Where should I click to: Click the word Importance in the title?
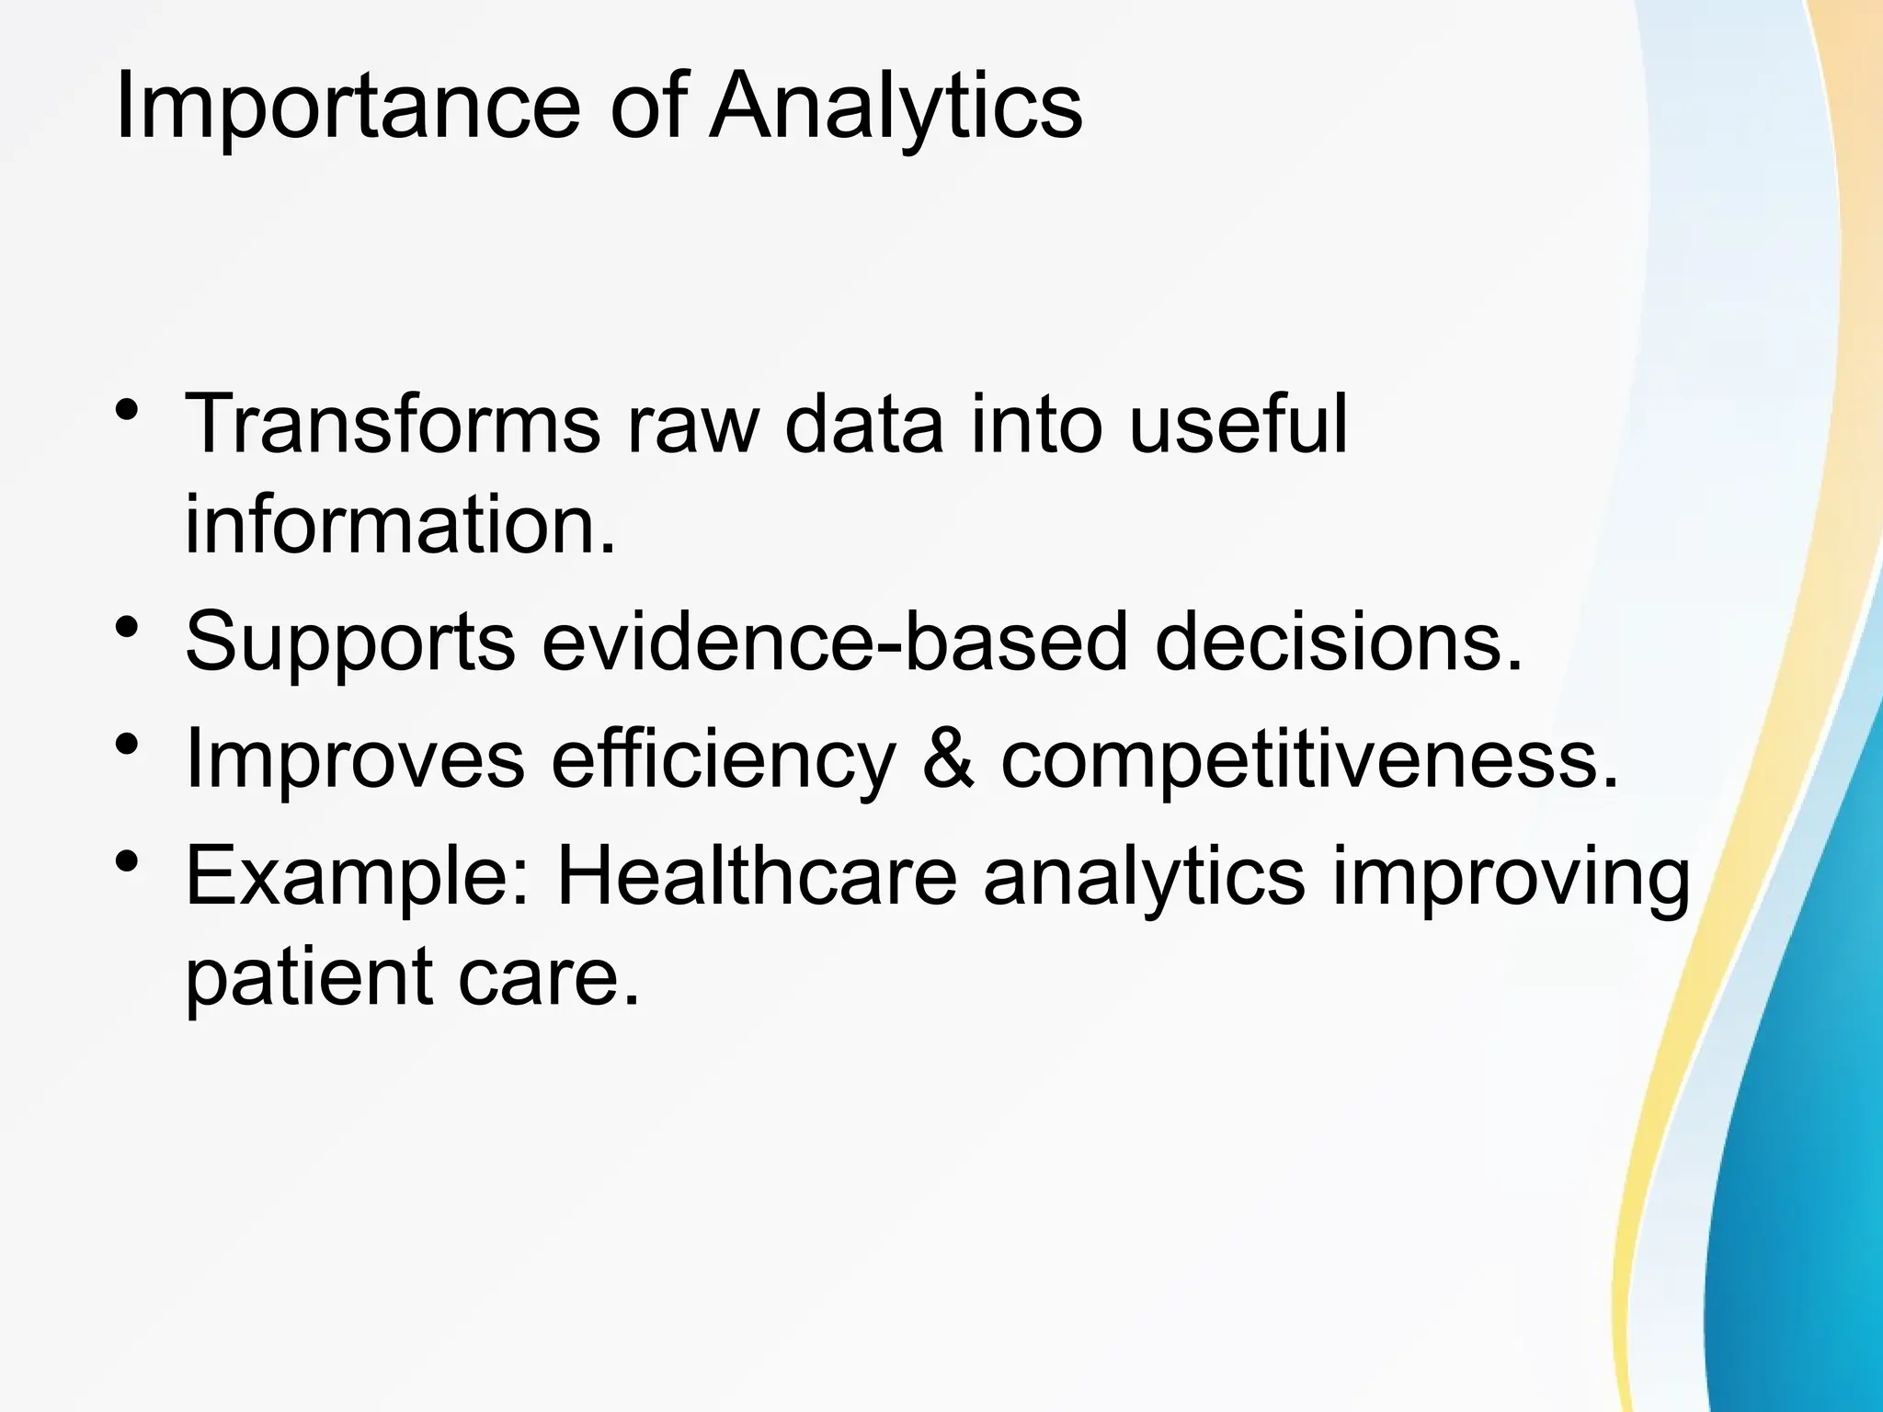coord(347,108)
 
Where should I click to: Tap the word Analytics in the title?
coord(896,108)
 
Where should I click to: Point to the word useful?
coord(1238,425)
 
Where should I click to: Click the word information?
coord(399,526)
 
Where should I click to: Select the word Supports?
coord(350,642)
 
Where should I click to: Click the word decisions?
coord(1339,642)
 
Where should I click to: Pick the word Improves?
coord(355,758)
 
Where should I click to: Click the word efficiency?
coord(723,758)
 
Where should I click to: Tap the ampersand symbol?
coord(947,758)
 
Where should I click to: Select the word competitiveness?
coord(1309,758)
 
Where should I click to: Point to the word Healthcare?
coord(757,877)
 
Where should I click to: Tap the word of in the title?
coord(647,108)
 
